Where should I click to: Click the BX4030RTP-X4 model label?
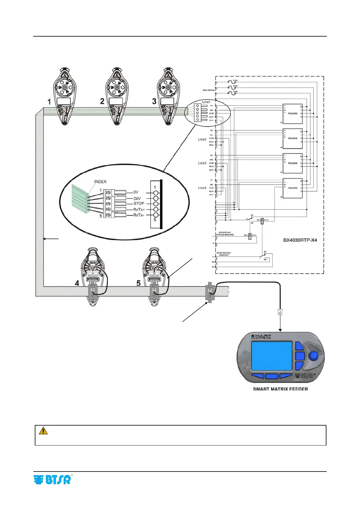300,240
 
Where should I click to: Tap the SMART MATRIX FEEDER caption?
280,389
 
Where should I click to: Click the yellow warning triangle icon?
43,430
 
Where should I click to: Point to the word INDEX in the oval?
100,182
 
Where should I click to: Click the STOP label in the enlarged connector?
139,203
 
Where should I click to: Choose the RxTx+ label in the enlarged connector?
139,209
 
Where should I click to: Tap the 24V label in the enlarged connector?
137,199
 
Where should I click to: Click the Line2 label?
202,139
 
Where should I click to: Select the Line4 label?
202,188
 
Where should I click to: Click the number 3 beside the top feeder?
154,101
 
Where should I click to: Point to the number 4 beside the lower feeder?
77,283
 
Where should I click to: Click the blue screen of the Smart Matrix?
271,356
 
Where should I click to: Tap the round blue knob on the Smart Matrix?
314,355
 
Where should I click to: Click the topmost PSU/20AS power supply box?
293,114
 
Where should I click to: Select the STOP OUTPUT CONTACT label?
224,254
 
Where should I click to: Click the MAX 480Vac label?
208,90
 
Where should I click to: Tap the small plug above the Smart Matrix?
280,312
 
